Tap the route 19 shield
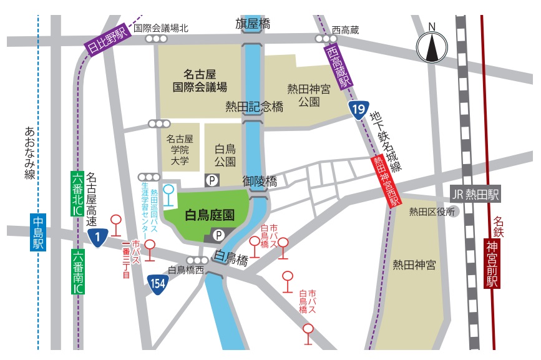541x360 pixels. point(358,111)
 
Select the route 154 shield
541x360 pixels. point(158,284)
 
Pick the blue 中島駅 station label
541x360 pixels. point(39,232)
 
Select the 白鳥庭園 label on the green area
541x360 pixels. point(210,215)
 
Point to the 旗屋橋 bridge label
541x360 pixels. point(253,24)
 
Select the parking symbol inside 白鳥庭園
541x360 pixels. point(219,235)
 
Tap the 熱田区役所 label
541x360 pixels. point(431,212)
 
